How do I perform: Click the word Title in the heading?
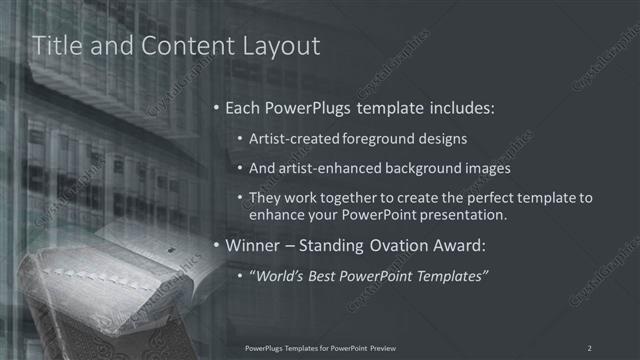tap(57, 46)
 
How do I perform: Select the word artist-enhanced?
tap(326, 168)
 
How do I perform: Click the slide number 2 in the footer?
tap(590, 347)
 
